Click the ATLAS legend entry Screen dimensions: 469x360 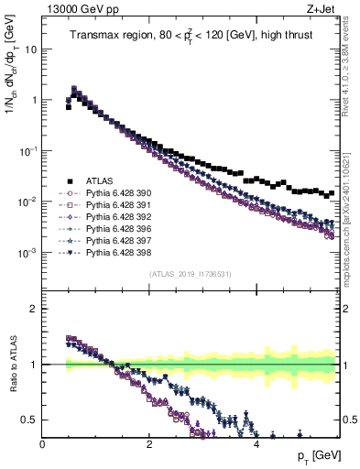tap(100, 181)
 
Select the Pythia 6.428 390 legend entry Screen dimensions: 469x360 tap(115, 193)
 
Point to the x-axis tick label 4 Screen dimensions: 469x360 tap(256, 444)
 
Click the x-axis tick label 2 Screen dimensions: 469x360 tap(149, 444)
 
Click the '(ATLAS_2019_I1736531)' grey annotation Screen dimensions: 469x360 tap(190, 274)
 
